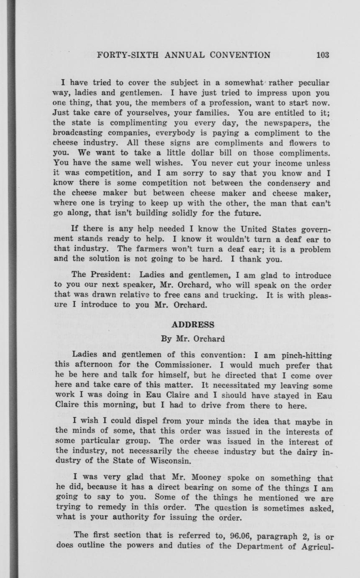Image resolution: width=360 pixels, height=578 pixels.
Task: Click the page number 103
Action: (323, 55)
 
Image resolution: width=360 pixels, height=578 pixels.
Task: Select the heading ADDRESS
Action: (193, 325)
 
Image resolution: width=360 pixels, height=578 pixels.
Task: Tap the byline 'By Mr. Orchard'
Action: (193, 339)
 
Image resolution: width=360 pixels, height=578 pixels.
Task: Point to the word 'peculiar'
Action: (310, 83)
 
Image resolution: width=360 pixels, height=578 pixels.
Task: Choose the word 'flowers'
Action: (300, 143)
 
